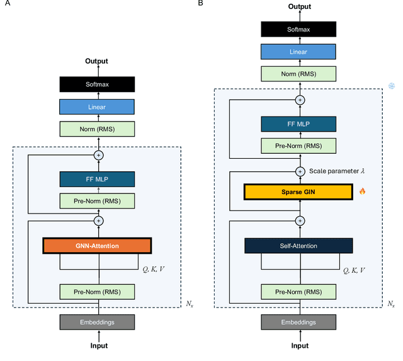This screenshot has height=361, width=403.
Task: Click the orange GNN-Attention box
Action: pyautogui.click(x=98, y=246)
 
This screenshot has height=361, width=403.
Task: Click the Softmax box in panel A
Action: pyautogui.click(x=98, y=83)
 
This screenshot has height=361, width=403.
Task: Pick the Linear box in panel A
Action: pyautogui.click(x=98, y=106)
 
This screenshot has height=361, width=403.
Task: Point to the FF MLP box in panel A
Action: pyautogui.click(x=98, y=178)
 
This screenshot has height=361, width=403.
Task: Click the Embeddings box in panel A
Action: pyautogui.click(x=98, y=321)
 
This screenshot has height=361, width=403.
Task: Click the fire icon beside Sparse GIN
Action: pyautogui.click(x=362, y=191)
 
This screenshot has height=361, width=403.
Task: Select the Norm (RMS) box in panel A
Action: pyautogui.click(x=98, y=129)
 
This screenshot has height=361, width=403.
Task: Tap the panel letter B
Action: pyautogui.click(x=200, y=4)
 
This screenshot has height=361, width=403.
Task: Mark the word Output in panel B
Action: pyautogui.click(x=300, y=6)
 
